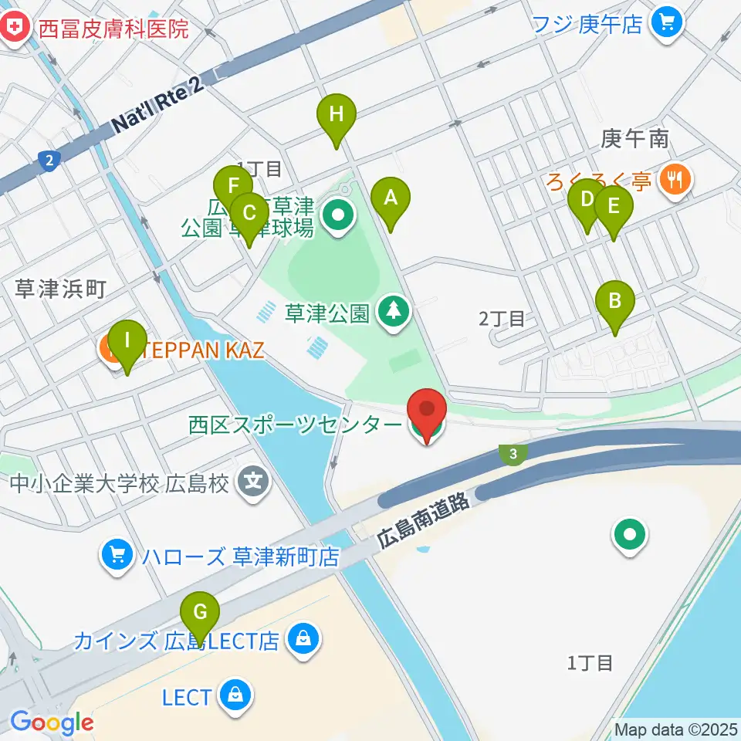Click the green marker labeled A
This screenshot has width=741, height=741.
(x=391, y=199)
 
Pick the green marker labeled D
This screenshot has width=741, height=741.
(x=587, y=201)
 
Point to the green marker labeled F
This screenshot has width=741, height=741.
(x=233, y=188)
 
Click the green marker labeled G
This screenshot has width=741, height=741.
(x=200, y=614)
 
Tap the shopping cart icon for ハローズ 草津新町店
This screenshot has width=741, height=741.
(x=117, y=555)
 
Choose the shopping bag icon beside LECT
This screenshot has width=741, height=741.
(x=232, y=696)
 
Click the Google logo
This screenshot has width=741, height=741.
(x=52, y=722)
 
